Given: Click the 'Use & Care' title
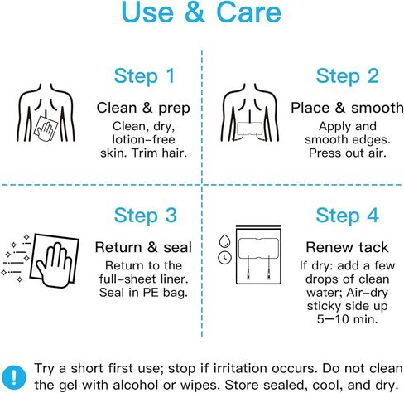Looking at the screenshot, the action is [201, 12].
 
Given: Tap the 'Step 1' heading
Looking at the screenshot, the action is [145, 76].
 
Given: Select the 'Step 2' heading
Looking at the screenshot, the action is [347, 76].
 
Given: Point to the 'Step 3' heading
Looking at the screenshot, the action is [146, 216].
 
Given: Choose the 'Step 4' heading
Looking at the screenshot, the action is [347, 216].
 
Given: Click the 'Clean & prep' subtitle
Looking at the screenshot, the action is [143, 109].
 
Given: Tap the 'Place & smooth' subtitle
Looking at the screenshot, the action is [347, 108].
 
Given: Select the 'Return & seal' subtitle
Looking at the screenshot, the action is [143, 247].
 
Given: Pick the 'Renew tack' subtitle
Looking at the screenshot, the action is [347, 247].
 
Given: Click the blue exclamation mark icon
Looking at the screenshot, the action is [14, 376].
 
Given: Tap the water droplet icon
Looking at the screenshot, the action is [224, 241].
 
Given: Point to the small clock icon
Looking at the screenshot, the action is [225, 258].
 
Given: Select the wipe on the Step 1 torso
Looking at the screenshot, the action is [46, 129].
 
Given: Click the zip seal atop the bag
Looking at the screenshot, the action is [258, 226].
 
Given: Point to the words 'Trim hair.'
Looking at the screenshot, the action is [159, 153].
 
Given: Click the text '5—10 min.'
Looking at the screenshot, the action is [347, 319].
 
